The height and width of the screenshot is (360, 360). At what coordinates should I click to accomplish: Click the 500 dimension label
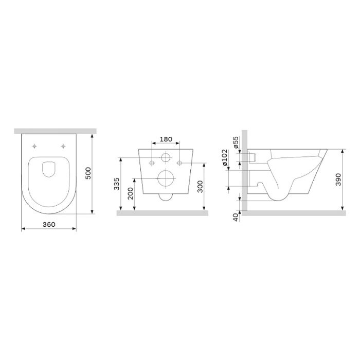pyautogui.click(x=88, y=173)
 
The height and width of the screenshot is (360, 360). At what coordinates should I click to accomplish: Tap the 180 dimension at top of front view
pyautogui.click(x=166, y=139)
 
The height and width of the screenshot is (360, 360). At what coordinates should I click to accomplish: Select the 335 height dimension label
pyautogui.click(x=117, y=184)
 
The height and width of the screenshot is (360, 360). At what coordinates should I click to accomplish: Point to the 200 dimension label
pyautogui.click(x=131, y=194)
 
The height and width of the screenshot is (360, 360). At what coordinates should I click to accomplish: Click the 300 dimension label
pyautogui.click(x=200, y=187)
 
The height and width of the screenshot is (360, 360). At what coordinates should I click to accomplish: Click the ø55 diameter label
pyautogui.click(x=236, y=143)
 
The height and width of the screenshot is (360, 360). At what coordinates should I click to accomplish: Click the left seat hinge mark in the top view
pyautogui.click(x=34, y=146)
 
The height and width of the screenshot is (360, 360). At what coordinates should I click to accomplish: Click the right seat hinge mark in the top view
pyautogui.click(x=63, y=146)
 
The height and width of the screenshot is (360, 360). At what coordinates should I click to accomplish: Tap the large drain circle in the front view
pyautogui.click(x=166, y=178)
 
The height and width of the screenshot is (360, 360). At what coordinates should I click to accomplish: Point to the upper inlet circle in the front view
pyautogui.click(x=166, y=158)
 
